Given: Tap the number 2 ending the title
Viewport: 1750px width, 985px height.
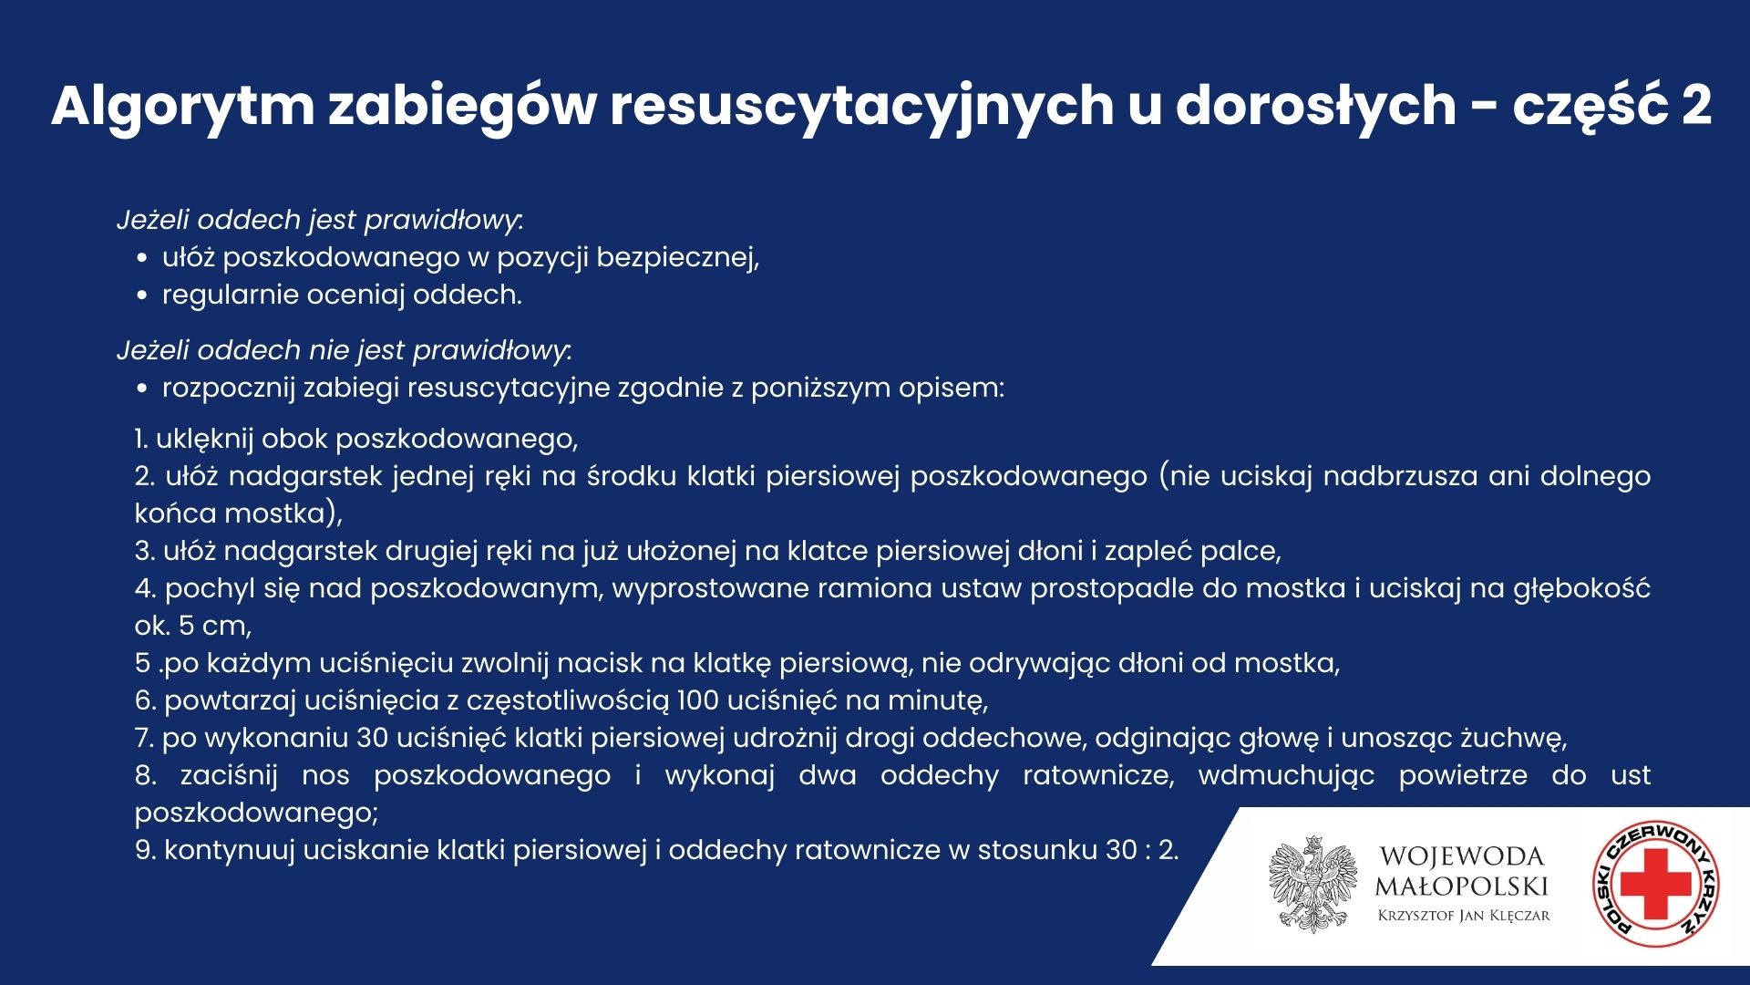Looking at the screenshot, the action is (x=1695, y=105).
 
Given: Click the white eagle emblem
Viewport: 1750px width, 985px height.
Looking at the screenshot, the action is (x=1313, y=884).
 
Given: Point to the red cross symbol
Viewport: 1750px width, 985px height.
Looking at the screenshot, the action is (x=1655, y=884).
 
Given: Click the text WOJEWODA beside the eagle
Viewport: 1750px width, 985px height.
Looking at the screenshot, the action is (x=1462, y=856).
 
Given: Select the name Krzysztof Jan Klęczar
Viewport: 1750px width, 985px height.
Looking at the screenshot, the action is (x=1464, y=916).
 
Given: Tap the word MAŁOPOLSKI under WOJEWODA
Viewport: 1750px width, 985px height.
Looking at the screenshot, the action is (x=1462, y=886).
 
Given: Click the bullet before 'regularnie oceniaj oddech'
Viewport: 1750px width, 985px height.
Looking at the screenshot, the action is (x=141, y=295).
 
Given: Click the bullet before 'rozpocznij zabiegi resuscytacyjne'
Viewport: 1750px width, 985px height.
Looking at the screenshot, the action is (x=141, y=389).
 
